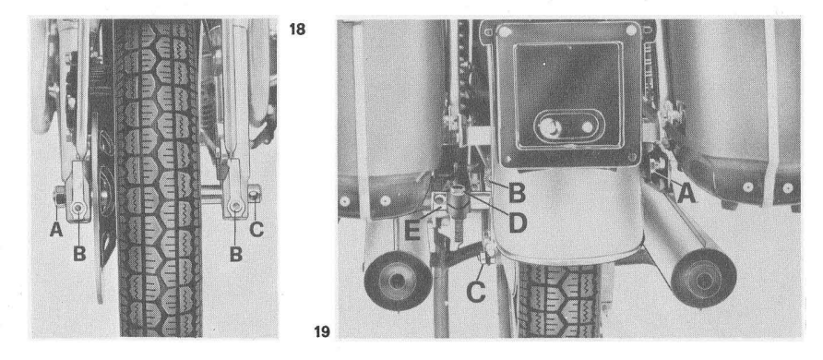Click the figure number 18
(297, 30)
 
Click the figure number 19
(322, 332)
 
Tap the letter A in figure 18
(55, 228)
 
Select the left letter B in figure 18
(79, 254)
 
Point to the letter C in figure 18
(256, 228)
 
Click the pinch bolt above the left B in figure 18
(78, 209)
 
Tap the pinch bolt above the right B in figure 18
(235, 208)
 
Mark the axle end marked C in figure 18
(254, 195)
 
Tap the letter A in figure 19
(686, 195)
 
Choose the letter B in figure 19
(517, 194)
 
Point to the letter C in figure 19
(476, 293)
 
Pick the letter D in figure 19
(518, 223)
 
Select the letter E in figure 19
(413, 231)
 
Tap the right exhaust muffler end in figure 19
(704, 278)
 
